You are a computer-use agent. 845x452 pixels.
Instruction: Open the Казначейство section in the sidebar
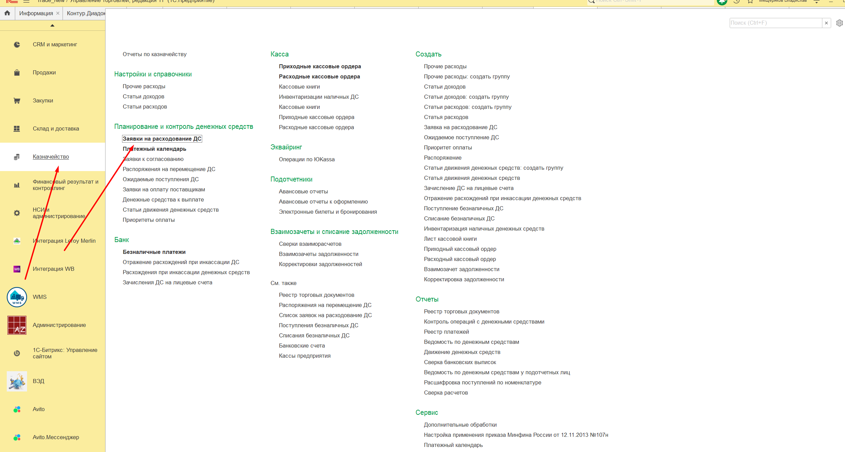coord(51,157)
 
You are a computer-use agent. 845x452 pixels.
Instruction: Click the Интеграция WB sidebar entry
coord(53,269)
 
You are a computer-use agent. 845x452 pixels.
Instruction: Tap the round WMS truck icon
coord(17,297)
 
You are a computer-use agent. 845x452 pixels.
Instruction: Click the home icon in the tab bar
coord(7,13)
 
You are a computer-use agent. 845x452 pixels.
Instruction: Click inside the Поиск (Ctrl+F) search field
coord(775,23)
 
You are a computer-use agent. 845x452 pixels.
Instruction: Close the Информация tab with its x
coord(58,13)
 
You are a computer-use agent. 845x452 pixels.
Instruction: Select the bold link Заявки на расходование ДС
coord(162,139)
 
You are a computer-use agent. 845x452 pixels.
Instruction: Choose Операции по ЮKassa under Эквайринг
coord(307,160)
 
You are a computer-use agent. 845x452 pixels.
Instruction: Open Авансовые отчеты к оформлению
coord(323,202)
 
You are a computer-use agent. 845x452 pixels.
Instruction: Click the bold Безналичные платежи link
coord(154,252)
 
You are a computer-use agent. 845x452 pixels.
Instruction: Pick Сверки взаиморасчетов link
coord(310,244)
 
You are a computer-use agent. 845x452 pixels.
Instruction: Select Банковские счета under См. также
coord(302,346)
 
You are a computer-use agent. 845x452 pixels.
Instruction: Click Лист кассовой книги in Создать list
coord(450,239)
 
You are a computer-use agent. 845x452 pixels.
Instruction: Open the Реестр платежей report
coord(446,332)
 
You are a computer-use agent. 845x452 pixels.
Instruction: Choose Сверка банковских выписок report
coord(460,362)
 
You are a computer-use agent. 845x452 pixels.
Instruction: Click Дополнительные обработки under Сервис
coord(460,425)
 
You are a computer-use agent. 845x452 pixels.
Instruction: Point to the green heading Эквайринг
coord(286,147)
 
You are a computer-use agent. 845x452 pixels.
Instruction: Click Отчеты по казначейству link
coord(155,54)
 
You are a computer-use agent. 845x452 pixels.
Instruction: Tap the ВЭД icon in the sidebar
coord(17,381)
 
